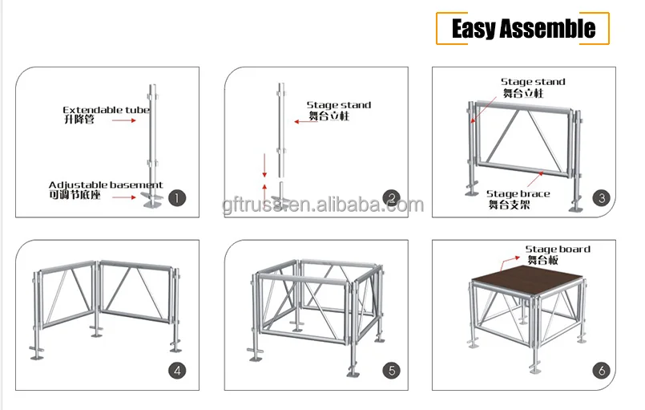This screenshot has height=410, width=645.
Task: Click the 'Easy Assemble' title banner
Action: pos(522,29)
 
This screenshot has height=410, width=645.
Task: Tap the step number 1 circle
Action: pos(177,197)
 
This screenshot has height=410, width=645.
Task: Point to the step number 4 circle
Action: pos(177,371)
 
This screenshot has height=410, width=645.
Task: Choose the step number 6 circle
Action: pos(601,371)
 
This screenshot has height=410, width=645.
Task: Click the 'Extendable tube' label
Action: pos(106,110)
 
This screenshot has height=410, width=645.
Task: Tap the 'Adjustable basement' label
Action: pos(105,185)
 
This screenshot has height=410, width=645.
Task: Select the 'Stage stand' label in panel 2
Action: pos(338,105)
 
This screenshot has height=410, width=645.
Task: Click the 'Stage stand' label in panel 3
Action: pos(533,82)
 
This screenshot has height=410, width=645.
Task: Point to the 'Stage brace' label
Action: pos(518,193)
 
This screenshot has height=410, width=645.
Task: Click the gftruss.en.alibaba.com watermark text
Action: pos(323,205)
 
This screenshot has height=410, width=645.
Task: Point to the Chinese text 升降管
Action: pos(79,120)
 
